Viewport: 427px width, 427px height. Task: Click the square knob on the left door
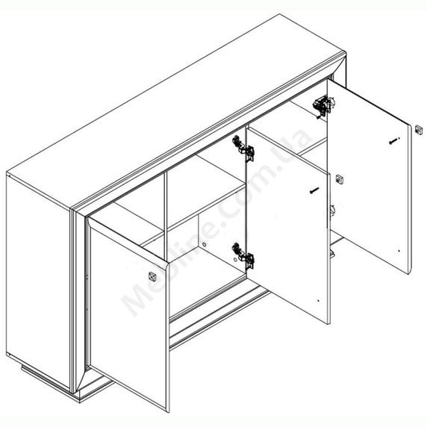coord(152,276)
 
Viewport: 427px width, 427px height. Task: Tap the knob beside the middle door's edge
coord(340,179)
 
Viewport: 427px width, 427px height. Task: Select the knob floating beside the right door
coord(419,130)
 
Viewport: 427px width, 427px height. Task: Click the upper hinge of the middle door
coord(243,149)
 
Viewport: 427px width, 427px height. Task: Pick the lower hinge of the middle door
coord(243,256)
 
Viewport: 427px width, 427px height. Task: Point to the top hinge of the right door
coord(323,106)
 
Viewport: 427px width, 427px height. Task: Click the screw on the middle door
coord(314,190)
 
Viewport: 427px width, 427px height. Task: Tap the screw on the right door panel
coord(393,140)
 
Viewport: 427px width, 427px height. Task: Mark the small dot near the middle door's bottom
coord(318,301)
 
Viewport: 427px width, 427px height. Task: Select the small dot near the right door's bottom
coord(399,251)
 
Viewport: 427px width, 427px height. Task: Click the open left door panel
coord(128,314)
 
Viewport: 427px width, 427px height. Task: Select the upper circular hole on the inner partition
coord(205,245)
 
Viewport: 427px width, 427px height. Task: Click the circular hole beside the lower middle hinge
coord(235,260)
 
